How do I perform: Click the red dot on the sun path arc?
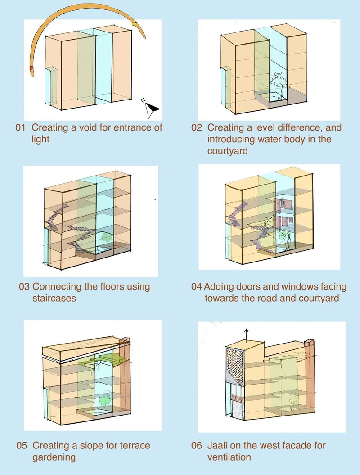31,68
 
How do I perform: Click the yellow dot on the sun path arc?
134,23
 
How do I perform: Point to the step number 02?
197,127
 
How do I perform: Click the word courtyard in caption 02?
227,151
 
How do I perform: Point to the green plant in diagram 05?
104,398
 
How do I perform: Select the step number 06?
197,446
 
